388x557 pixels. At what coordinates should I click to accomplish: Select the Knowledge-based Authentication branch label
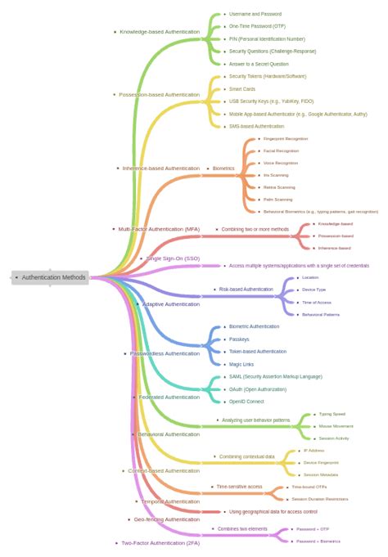[159, 32]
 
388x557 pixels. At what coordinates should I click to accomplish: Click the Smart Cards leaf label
[242, 88]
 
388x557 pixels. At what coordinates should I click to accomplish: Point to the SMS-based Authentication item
[256, 126]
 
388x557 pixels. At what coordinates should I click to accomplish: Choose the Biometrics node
[223, 168]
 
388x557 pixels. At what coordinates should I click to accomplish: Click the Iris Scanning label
[275, 175]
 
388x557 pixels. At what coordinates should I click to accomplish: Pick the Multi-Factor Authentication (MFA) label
[159, 229]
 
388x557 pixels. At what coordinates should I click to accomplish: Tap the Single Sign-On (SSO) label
[173, 258]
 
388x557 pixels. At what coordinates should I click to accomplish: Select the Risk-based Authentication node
[246, 289]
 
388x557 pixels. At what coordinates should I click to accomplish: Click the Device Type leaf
[314, 290]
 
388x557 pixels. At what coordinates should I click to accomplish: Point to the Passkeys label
[239, 339]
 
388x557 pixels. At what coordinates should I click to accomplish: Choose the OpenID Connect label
[246, 402]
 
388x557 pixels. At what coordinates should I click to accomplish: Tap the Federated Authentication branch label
[169, 397]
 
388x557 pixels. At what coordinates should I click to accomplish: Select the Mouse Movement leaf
[336, 426]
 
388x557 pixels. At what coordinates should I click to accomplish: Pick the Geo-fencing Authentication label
[166, 519]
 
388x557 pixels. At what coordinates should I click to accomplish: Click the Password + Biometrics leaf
[318, 541]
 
